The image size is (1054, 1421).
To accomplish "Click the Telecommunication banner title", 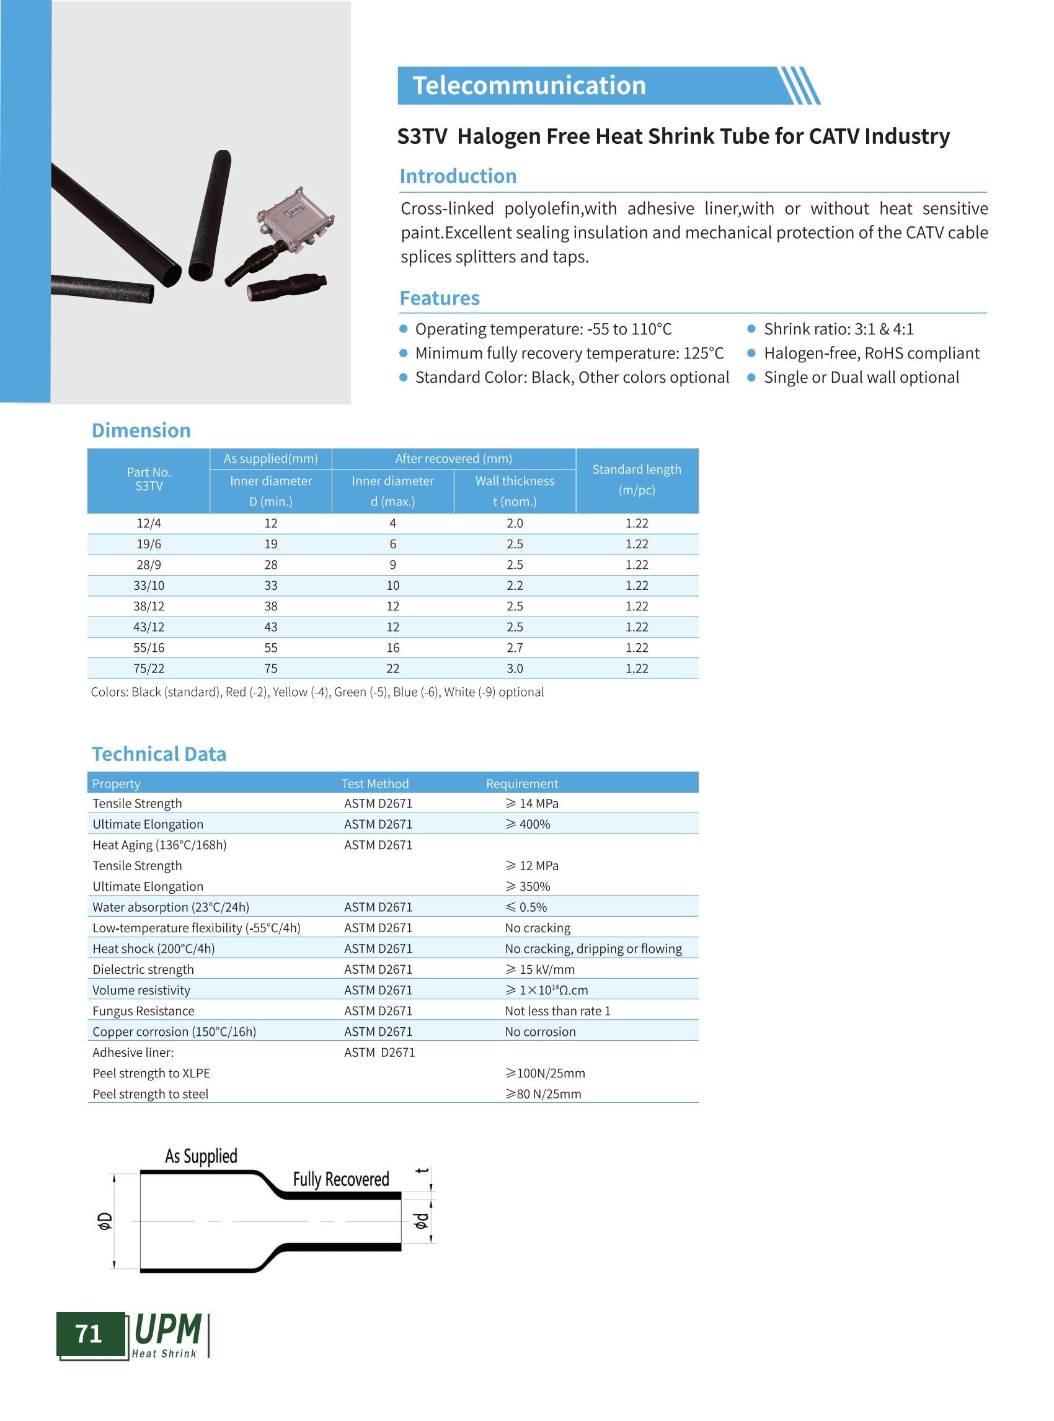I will coord(529,86).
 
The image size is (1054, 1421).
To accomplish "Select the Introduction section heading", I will coord(458,176).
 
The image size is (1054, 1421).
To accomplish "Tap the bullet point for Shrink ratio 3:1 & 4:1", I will coord(751,329).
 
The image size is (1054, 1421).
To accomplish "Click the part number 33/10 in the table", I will coord(149,586).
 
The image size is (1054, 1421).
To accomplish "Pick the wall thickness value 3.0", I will coord(514,669).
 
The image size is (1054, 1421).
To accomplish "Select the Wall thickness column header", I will coord(514,481).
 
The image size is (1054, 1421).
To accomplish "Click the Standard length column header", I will coord(636,479).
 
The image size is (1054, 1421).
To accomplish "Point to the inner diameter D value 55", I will coord(270,648).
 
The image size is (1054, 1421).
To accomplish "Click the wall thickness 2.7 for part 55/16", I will coord(514,648).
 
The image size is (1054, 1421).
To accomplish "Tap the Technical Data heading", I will coord(159,754).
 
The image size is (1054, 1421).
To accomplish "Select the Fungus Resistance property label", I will coord(143,1010).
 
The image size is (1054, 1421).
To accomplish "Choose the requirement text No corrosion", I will coord(540,1031).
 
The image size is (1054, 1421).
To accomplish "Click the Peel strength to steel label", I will coord(151,1094).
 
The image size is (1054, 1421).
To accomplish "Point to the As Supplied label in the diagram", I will coord(201,1156).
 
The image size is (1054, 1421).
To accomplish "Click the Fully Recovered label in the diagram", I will coord(341,1179).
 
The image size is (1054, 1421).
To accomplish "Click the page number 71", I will coord(89,1334).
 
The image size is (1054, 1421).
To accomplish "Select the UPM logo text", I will coord(168,1330).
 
